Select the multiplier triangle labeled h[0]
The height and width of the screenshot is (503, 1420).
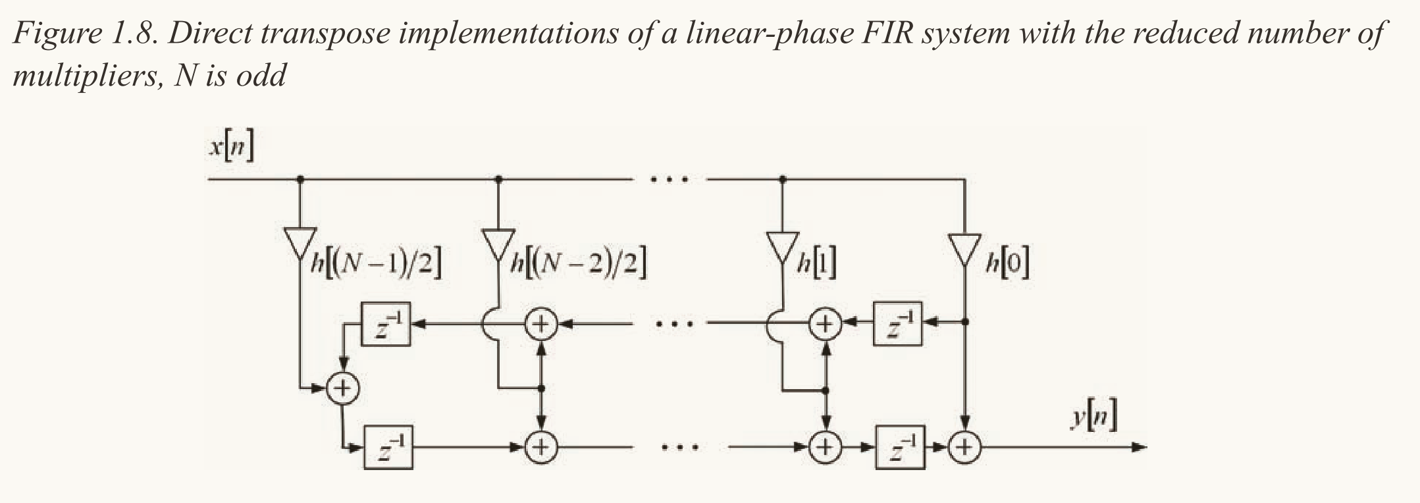click(x=964, y=248)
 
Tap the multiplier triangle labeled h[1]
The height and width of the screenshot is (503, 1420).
click(x=783, y=248)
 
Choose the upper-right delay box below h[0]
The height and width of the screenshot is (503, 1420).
click(x=897, y=323)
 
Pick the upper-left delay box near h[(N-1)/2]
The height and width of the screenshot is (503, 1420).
click(x=386, y=323)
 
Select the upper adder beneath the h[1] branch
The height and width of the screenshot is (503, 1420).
click(x=826, y=323)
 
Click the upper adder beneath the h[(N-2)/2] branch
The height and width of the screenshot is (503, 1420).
click(x=541, y=323)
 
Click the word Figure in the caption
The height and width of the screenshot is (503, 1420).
click(x=55, y=32)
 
